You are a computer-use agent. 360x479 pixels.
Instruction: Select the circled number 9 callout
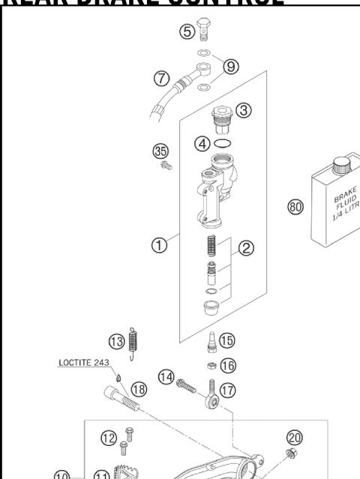231,67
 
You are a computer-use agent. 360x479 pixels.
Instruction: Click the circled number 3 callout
244,109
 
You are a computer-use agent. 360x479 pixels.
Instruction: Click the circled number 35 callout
160,151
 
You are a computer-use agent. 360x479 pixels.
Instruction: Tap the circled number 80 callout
296,207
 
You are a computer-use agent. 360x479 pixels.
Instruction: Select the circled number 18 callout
139,388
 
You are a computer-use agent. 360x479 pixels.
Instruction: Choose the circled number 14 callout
166,376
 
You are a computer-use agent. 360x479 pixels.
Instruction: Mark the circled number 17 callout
227,389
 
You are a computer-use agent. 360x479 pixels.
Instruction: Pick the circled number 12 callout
108,437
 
